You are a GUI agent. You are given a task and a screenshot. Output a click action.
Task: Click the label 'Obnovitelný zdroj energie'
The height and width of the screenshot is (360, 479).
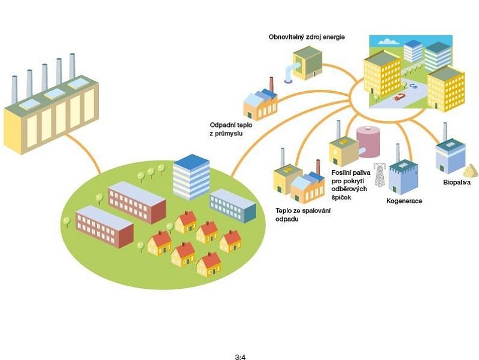307,37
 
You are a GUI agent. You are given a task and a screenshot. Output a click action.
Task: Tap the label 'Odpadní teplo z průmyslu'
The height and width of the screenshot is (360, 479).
226,128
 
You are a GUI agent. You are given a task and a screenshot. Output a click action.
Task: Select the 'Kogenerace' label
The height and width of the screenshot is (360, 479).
404,201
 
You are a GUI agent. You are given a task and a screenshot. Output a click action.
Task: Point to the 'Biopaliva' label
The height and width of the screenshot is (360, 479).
457,182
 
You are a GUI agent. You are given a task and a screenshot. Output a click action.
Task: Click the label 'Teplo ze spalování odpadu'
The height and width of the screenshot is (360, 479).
303,215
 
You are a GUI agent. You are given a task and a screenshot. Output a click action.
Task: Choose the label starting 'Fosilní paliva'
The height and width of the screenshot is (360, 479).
350,184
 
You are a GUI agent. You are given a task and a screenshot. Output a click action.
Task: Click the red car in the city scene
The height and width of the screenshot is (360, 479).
399,96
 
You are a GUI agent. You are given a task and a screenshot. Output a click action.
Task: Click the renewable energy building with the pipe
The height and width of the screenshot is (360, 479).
306,63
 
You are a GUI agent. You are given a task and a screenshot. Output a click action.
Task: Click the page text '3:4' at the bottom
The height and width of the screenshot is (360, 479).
240,357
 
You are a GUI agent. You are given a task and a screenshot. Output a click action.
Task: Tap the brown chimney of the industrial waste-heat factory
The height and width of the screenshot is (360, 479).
271,84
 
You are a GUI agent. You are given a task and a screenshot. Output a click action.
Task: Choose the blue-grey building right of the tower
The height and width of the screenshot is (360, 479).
233,205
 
